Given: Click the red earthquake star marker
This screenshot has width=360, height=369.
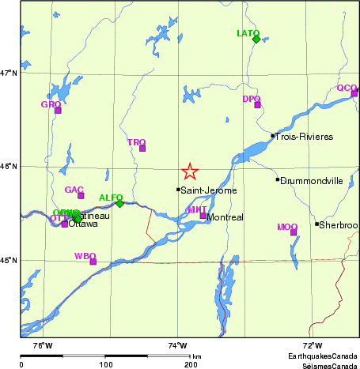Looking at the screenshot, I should point(190,171).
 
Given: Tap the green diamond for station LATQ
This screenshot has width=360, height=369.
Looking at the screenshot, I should point(256,38).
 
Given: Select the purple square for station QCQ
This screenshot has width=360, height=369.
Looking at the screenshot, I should point(354,93).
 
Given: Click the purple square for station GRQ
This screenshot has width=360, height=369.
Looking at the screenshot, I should point(58,110).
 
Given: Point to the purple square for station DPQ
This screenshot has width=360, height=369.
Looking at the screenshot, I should point(257,104).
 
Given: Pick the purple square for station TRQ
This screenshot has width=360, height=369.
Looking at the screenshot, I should point(142,148).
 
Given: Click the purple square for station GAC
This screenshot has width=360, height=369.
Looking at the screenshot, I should point(81,195).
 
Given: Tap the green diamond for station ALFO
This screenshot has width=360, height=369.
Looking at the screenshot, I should point(119,203).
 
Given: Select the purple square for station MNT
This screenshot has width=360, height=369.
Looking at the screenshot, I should point(203,216).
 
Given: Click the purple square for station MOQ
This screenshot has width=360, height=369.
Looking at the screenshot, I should point(294,232).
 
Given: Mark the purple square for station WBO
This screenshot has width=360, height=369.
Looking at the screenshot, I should point(93,262).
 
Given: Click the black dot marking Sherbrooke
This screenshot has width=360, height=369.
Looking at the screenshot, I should point(316,224).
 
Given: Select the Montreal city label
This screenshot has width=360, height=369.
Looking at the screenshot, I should point(224,217).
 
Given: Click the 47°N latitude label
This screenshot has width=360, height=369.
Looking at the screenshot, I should point(8,73).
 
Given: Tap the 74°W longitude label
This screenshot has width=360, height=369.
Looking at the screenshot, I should point(177,345).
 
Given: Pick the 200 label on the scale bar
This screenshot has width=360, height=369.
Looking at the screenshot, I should point(191,363).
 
